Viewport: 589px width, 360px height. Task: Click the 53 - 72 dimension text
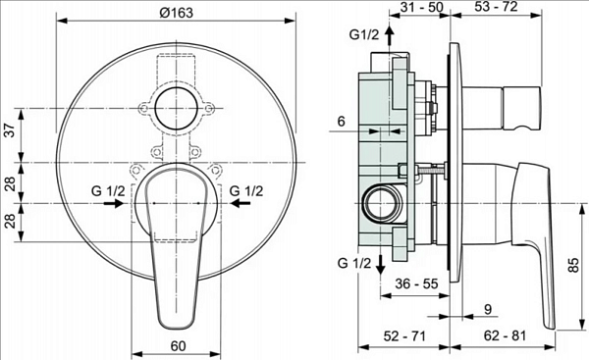[498, 9]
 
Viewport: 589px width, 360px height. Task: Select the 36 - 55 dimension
[415, 283]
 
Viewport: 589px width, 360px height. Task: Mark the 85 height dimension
[572, 265]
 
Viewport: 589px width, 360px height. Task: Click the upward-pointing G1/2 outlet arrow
[390, 37]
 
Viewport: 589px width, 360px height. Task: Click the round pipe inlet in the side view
[377, 206]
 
